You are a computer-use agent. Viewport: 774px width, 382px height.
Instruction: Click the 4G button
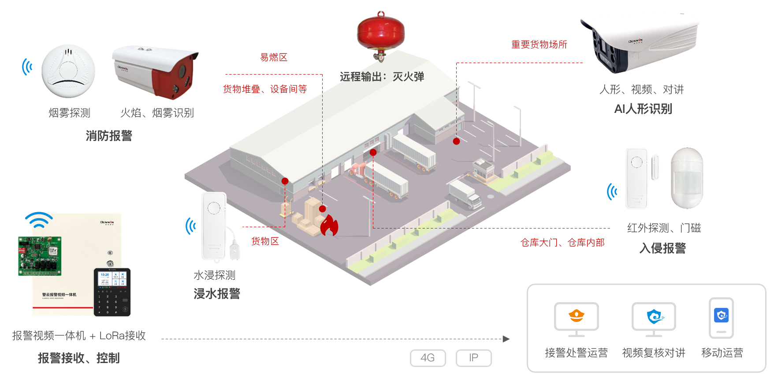428,358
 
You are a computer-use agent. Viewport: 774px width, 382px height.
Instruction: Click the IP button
473,358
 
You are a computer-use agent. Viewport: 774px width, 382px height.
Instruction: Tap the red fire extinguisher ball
380,33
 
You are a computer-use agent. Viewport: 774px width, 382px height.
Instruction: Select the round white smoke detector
68,71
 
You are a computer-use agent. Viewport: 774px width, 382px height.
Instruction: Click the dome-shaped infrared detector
686,178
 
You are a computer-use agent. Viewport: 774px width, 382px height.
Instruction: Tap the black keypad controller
112,292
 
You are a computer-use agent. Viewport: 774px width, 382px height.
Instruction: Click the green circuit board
40,256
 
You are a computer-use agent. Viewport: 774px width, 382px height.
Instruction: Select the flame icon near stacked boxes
329,225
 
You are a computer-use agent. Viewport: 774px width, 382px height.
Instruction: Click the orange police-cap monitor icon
576,316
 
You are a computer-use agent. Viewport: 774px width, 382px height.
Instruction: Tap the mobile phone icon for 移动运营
721,318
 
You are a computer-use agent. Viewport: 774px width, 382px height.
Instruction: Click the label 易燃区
274,57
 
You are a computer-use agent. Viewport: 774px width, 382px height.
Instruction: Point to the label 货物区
265,241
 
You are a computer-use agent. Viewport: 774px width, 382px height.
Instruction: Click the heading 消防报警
109,136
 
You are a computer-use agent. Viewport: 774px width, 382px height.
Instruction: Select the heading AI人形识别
643,109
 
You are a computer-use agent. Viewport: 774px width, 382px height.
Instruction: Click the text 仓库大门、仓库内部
562,243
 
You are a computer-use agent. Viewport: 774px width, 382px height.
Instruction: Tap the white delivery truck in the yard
465,195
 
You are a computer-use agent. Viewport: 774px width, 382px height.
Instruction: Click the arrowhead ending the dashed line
506,339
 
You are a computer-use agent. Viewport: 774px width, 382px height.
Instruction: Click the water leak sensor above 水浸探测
215,226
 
